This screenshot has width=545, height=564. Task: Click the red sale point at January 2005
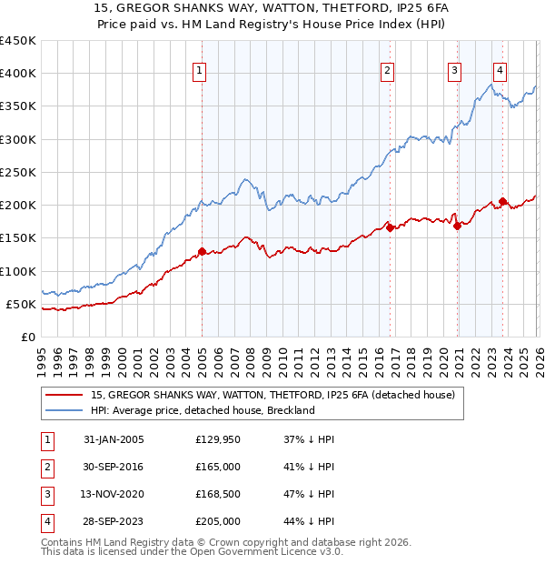click(202, 251)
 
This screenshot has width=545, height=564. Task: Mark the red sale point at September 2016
click(390, 228)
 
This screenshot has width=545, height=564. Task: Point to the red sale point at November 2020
click(457, 227)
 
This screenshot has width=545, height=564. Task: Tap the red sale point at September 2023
click(502, 202)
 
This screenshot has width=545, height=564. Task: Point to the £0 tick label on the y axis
click(27, 337)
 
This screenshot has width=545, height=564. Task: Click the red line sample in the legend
click(64, 396)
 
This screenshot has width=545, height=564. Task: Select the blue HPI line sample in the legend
click(64, 410)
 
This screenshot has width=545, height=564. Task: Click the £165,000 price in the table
click(218, 467)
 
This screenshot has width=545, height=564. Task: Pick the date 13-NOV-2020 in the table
click(114, 494)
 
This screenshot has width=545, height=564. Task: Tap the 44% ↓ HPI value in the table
click(309, 521)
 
